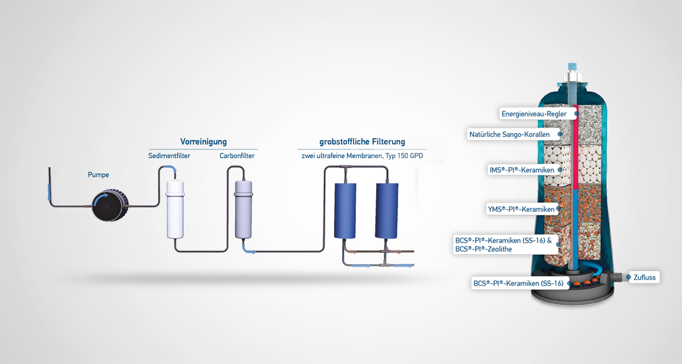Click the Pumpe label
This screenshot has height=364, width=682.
pyautogui.click(x=98, y=175)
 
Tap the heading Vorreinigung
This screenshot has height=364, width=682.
pyautogui.click(x=203, y=142)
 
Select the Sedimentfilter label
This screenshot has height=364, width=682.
pyautogui.click(x=169, y=156)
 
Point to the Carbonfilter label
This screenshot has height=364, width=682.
pyautogui.click(x=237, y=156)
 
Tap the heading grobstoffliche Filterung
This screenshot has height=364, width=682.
pyautogui.click(x=362, y=142)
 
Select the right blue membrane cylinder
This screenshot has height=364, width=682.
pyautogui.click(x=387, y=211)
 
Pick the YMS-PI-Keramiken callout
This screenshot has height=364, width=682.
pyautogui.click(x=522, y=209)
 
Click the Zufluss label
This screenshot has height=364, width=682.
pyautogui.click(x=644, y=277)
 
